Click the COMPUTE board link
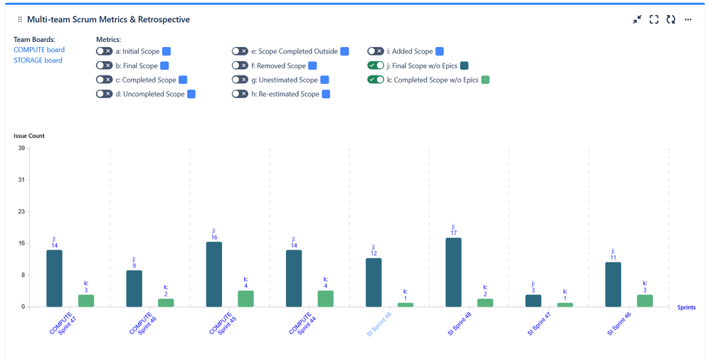pyautogui.click(x=39, y=50)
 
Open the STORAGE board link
pyautogui.click(x=38, y=60)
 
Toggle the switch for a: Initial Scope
pyautogui.click(x=104, y=51)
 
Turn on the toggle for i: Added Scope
pyautogui.click(x=376, y=51)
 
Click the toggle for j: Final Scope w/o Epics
pyautogui.click(x=376, y=65)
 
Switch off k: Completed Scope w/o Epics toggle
pyautogui.click(x=376, y=80)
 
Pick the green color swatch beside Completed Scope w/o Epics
pyautogui.click(x=485, y=80)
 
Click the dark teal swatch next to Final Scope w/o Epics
pyautogui.click(x=465, y=65)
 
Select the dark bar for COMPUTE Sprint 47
pyautogui.click(x=54, y=278)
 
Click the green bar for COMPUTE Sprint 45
pyautogui.click(x=245, y=298)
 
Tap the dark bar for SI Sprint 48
pyautogui.click(x=453, y=272)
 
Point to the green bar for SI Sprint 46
pyautogui.click(x=645, y=300)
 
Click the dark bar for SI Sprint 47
pyautogui.click(x=533, y=300)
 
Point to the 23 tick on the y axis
pyautogui.click(x=21, y=211)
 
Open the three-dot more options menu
pyautogui.click(x=688, y=20)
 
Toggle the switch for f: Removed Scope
pyautogui.click(x=240, y=65)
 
